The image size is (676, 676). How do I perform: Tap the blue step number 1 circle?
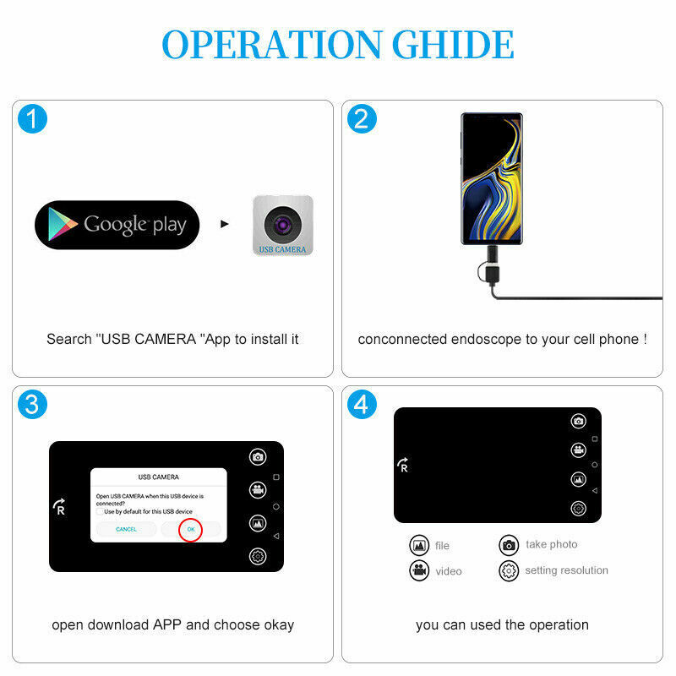tap(32, 119)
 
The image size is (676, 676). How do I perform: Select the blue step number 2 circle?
tap(362, 119)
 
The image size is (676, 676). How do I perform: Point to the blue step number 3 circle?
tap(32, 405)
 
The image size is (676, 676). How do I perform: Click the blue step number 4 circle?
tap(362, 405)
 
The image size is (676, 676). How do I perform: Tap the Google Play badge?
tap(117, 225)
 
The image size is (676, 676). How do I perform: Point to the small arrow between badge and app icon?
tap(225, 225)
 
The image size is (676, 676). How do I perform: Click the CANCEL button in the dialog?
tap(126, 529)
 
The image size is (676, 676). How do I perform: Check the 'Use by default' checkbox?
tap(100, 511)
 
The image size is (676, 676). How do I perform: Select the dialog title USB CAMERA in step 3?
tap(158, 477)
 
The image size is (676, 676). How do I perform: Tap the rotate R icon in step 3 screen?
tap(59, 507)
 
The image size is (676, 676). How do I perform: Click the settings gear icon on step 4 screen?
tap(578, 508)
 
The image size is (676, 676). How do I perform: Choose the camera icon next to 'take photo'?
tap(509, 545)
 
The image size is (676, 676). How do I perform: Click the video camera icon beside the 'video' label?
tap(419, 570)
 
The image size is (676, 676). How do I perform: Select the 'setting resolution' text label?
tap(566, 570)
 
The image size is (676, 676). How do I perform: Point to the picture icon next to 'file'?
tap(419, 545)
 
